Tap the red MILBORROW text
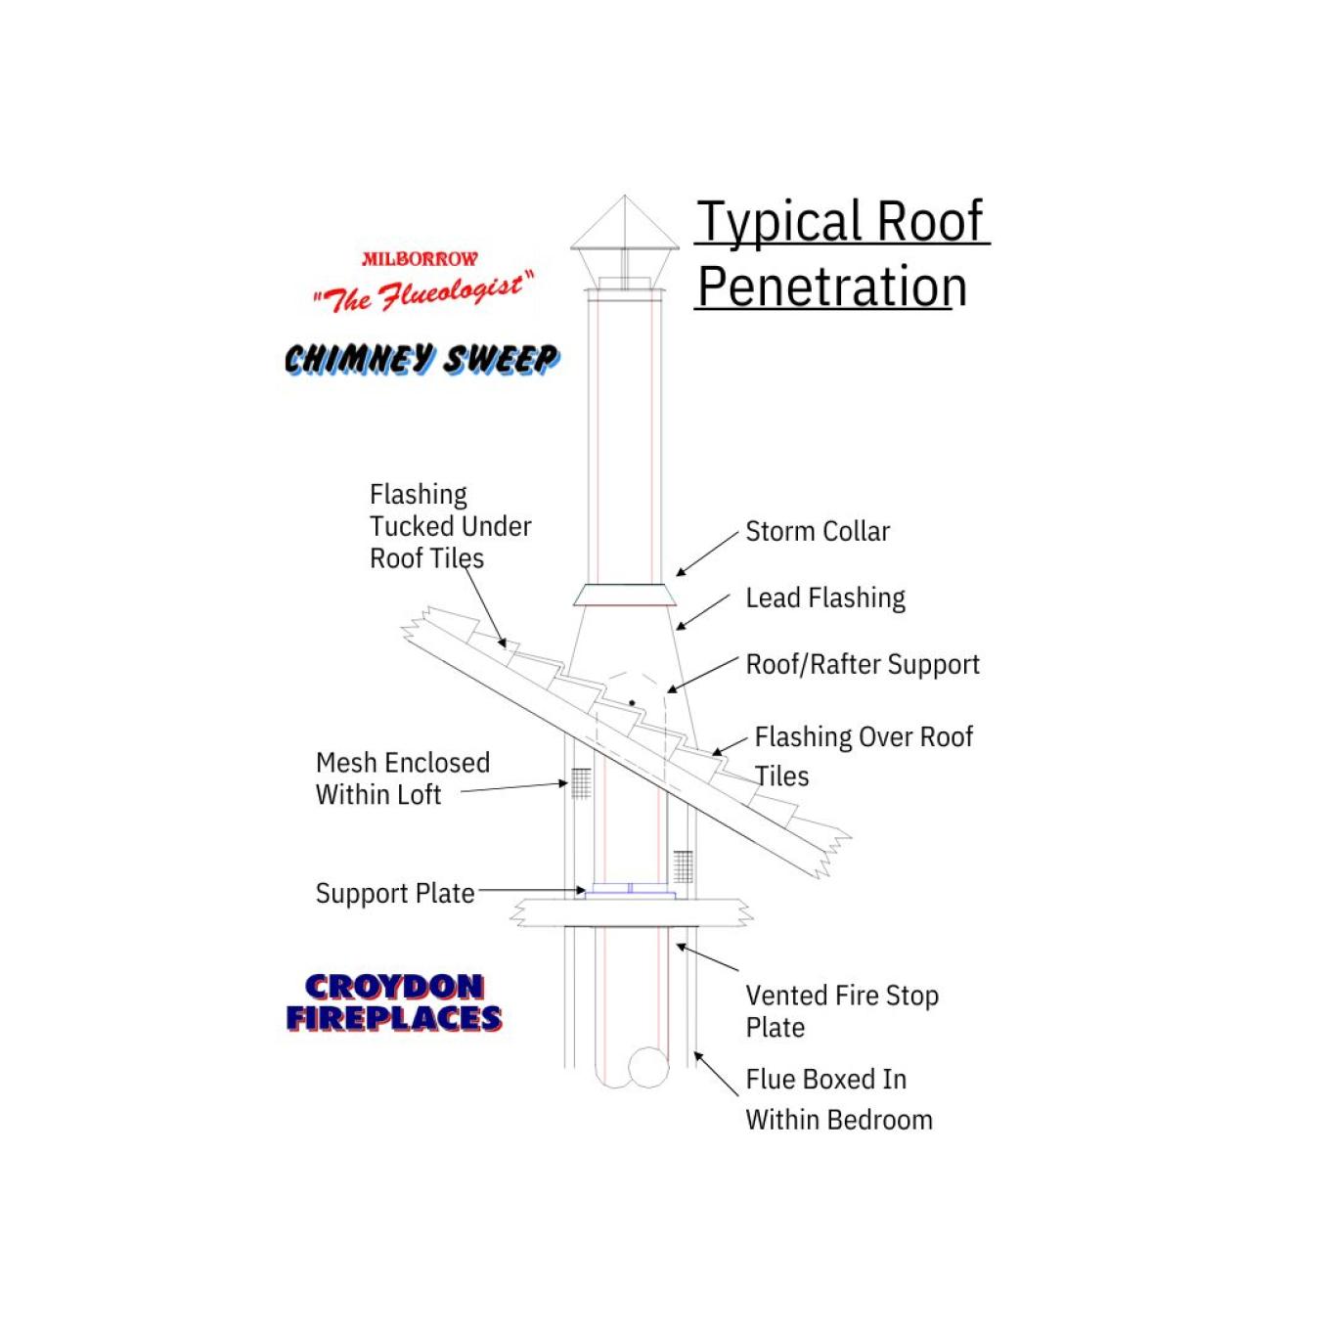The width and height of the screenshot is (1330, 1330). point(420,259)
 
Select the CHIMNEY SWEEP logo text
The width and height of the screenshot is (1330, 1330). point(421,360)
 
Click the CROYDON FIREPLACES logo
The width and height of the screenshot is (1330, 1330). point(394,1003)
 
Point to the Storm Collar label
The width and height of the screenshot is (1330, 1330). point(818,531)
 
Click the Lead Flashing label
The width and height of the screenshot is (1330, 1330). point(825,598)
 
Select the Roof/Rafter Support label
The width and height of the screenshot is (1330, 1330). point(863,664)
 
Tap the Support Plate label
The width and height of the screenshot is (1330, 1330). point(395,893)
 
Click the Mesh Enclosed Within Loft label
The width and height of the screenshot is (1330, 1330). point(403,778)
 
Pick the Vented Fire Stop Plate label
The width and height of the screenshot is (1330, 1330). point(842,1011)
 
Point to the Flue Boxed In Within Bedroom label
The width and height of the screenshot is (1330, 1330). point(839,1099)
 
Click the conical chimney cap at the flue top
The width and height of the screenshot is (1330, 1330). point(625,238)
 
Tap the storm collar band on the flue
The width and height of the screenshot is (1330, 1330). point(624,595)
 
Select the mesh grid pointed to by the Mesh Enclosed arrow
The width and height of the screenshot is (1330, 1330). point(581,783)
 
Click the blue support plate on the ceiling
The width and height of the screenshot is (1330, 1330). point(630,890)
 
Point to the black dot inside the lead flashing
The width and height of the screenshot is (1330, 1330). point(632,702)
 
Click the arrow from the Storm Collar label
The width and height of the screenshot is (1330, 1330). point(707,554)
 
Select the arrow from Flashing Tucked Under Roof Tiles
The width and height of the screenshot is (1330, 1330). point(484,607)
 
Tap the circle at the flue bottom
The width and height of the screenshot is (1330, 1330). point(648,1068)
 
